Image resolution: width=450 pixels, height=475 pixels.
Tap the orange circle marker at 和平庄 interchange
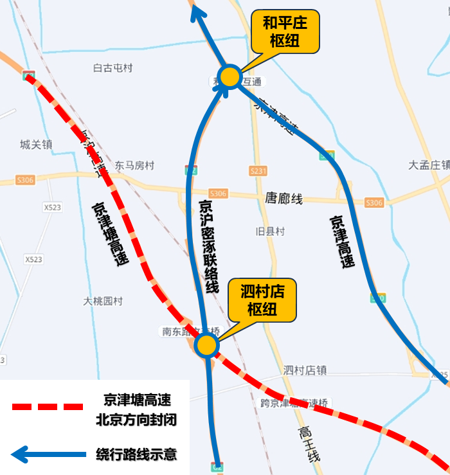(230, 77)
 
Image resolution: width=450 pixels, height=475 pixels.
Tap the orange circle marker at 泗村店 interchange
(206, 345)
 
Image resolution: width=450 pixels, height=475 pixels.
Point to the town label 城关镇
(35, 145)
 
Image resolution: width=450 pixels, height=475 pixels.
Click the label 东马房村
(134, 166)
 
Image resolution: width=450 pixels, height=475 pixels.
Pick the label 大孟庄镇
(429, 165)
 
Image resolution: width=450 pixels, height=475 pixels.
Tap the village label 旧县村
(269, 231)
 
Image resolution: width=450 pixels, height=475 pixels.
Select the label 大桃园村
(103, 301)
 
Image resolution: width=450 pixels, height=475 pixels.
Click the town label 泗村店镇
(305, 370)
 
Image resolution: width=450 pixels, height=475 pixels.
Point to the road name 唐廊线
(283, 199)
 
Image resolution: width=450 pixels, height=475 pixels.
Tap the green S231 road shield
(258, 171)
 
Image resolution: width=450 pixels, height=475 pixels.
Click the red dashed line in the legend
(48, 407)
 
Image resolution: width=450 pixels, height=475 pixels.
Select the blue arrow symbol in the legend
(48, 455)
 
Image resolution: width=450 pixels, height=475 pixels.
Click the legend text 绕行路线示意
(136, 455)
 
